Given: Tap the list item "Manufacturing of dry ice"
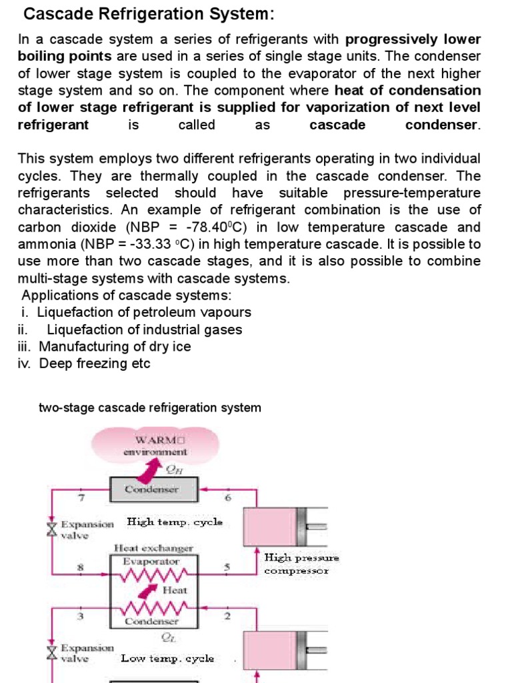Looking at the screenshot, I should click(115, 347).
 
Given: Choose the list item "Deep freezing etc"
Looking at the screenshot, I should click(95, 364).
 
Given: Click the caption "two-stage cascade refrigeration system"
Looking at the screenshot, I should click(150, 408).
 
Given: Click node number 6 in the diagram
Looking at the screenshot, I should click(228, 498).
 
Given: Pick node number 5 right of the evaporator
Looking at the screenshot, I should click(227, 567).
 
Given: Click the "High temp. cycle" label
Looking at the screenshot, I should click(175, 522).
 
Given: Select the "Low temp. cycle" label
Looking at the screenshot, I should click(167, 658).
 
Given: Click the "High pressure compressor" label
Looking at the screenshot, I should click(301, 564).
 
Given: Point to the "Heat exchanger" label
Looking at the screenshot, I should click(153, 548).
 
